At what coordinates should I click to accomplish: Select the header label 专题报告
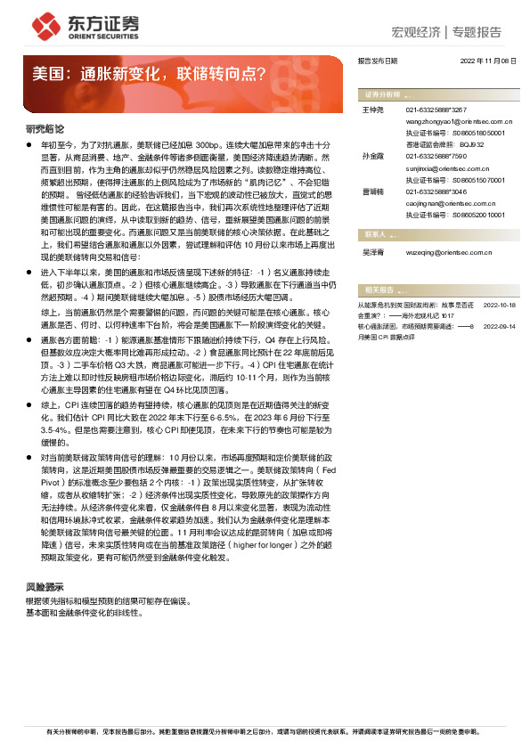pyautogui.click(x=477, y=32)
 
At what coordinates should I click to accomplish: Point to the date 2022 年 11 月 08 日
pyautogui.click(x=488, y=61)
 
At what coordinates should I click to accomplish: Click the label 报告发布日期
pyautogui.click(x=377, y=61)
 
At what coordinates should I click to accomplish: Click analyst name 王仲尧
pyautogui.click(x=372, y=109)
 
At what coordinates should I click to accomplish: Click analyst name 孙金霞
pyautogui.click(x=372, y=155)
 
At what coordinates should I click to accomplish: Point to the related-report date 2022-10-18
pyautogui.click(x=500, y=305)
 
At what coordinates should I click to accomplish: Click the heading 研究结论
pyautogui.click(x=45, y=129)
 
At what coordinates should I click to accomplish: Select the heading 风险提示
pyautogui.click(x=45, y=588)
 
